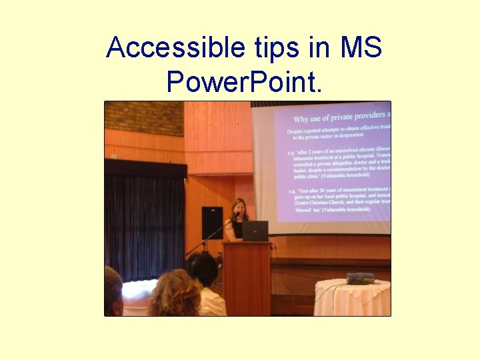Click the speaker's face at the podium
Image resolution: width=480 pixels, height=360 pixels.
tap(238, 208)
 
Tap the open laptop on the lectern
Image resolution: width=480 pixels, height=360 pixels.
tap(255, 231)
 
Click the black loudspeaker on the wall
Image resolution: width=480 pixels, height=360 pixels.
tap(212, 223)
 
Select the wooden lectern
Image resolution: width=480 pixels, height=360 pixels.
tap(247, 277)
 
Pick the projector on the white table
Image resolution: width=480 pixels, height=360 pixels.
tap(360, 278)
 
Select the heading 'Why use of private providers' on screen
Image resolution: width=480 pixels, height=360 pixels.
tap(340, 118)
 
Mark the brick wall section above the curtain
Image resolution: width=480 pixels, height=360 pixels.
tap(143, 117)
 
